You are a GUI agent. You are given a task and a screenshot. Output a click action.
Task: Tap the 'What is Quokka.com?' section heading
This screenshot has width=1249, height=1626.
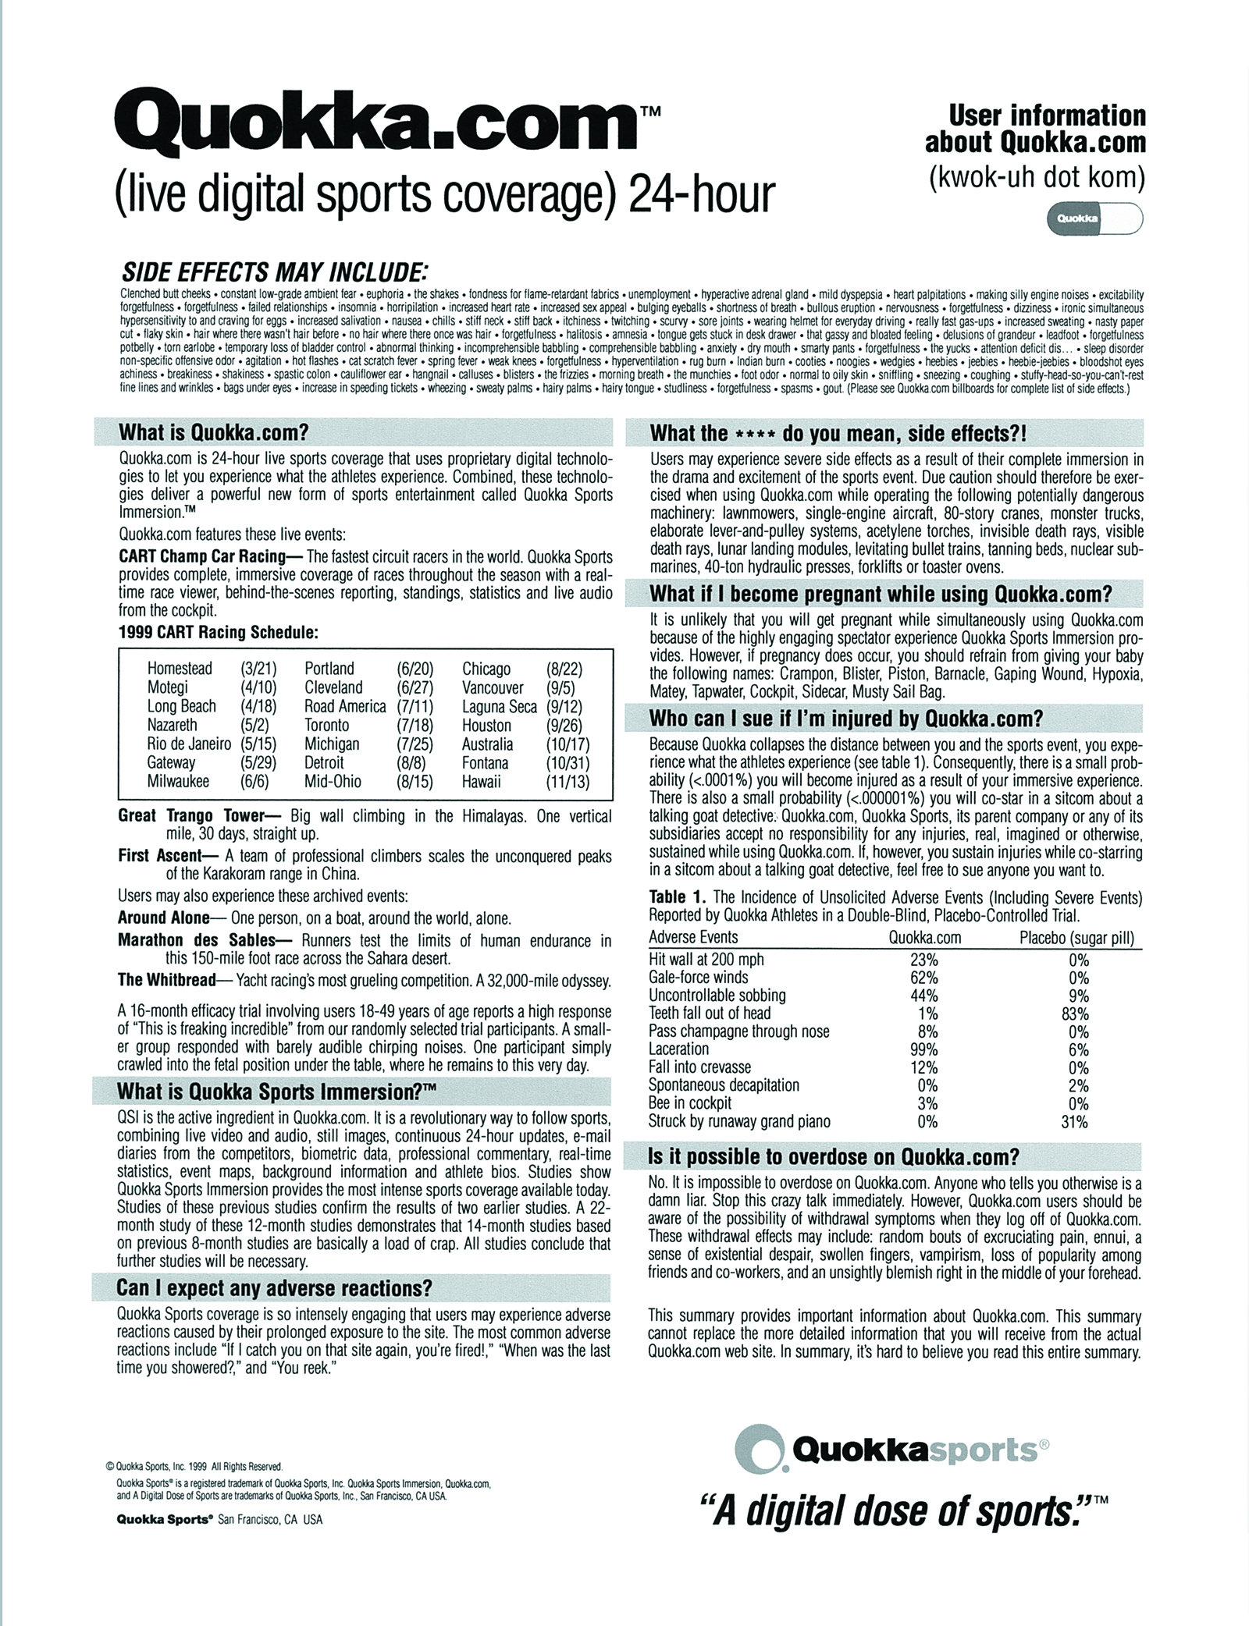(x=214, y=432)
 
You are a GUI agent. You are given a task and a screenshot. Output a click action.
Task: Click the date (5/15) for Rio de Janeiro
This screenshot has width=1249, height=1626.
(x=255, y=744)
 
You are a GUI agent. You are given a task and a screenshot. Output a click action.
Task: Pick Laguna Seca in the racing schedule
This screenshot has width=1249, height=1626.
(x=499, y=706)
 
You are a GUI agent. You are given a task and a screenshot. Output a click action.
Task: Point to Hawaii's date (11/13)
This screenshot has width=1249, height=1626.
(x=568, y=782)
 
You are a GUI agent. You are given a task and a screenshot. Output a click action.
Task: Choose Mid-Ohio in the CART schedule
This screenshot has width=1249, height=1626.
(x=333, y=782)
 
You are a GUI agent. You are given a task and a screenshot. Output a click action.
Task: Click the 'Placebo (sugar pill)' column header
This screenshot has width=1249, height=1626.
(x=1076, y=937)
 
